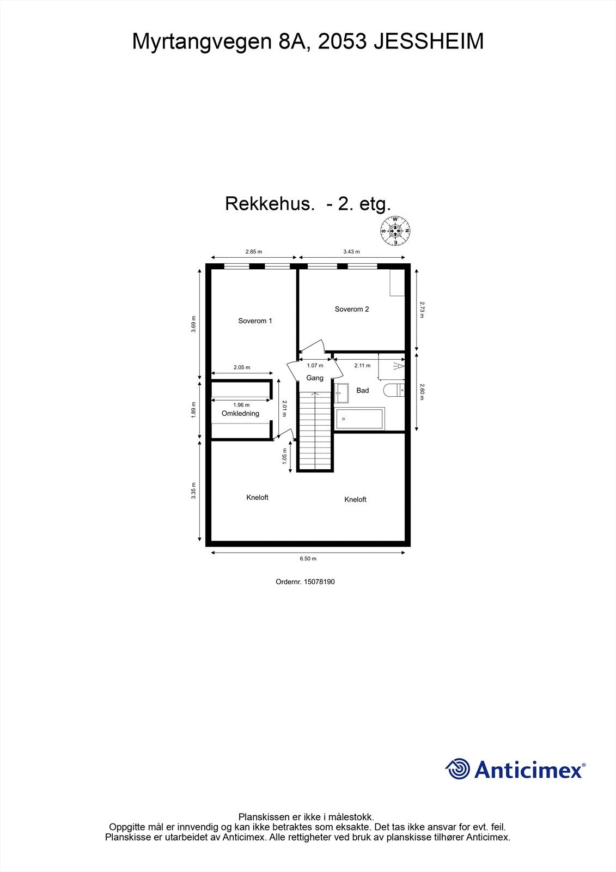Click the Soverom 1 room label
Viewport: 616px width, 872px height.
[x=255, y=321]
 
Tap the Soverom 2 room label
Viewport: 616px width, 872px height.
[x=351, y=309]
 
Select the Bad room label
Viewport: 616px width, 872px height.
[x=362, y=390]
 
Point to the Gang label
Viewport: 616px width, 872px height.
[x=315, y=378]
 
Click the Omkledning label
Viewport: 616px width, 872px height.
[x=240, y=414]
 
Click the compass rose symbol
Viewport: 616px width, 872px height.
[x=395, y=231]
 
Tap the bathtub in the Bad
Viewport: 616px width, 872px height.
[x=359, y=419]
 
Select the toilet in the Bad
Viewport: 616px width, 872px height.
[x=394, y=390]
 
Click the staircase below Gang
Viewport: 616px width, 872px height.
[x=315, y=431]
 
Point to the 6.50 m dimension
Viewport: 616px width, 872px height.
[x=308, y=559]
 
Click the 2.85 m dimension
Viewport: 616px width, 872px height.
[x=253, y=252]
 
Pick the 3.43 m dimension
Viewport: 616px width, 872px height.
[x=351, y=252]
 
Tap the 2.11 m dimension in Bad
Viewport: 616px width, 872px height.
[x=362, y=366]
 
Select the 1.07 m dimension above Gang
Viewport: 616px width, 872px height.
[x=315, y=366]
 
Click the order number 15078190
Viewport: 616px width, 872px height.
[x=320, y=582]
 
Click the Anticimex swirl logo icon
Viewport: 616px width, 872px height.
[x=458, y=769]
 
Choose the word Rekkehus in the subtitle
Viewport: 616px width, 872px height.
[x=270, y=204]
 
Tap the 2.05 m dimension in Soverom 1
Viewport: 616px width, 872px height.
[x=242, y=367]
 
